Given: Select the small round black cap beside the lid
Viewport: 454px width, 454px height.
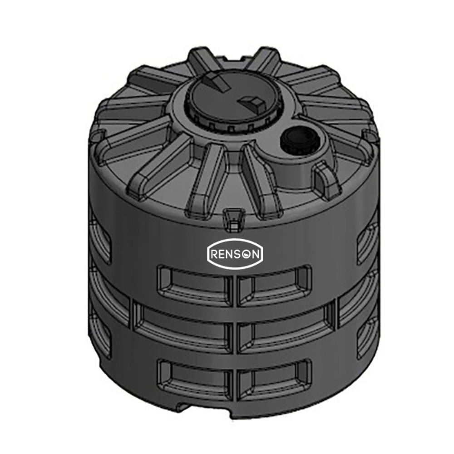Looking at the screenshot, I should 296,140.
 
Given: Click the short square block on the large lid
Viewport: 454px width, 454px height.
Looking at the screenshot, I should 252,104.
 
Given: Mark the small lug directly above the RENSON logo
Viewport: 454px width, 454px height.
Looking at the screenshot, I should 233,219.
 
